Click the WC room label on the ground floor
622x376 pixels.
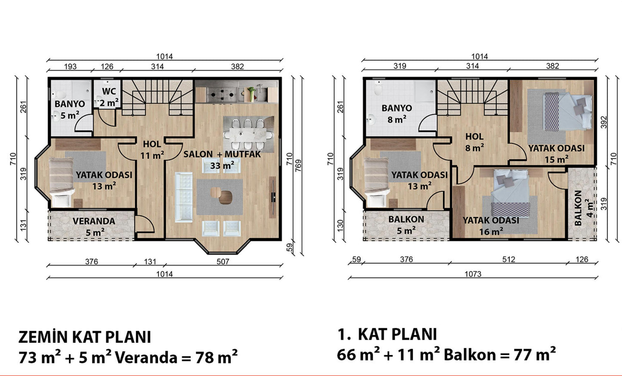tap(109, 91)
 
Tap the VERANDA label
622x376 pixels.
tap(94, 221)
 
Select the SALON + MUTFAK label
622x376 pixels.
tap(222, 154)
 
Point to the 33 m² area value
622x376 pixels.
tap(222, 166)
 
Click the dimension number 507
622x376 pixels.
tap(223, 261)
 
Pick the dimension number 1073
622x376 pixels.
tap(473, 274)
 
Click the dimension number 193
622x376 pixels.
tap(70, 67)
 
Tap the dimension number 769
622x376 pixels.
tap(298, 166)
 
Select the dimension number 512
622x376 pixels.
tap(509, 259)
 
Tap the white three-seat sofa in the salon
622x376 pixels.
tap(183, 197)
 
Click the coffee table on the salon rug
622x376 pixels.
tap(221, 195)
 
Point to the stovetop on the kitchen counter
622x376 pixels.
tap(222, 95)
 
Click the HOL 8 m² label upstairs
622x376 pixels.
tap(474, 142)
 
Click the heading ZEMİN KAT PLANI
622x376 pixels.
tap(85, 337)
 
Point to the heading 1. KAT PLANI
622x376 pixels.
tap(387, 334)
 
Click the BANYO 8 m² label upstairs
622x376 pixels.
tap(397, 114)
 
